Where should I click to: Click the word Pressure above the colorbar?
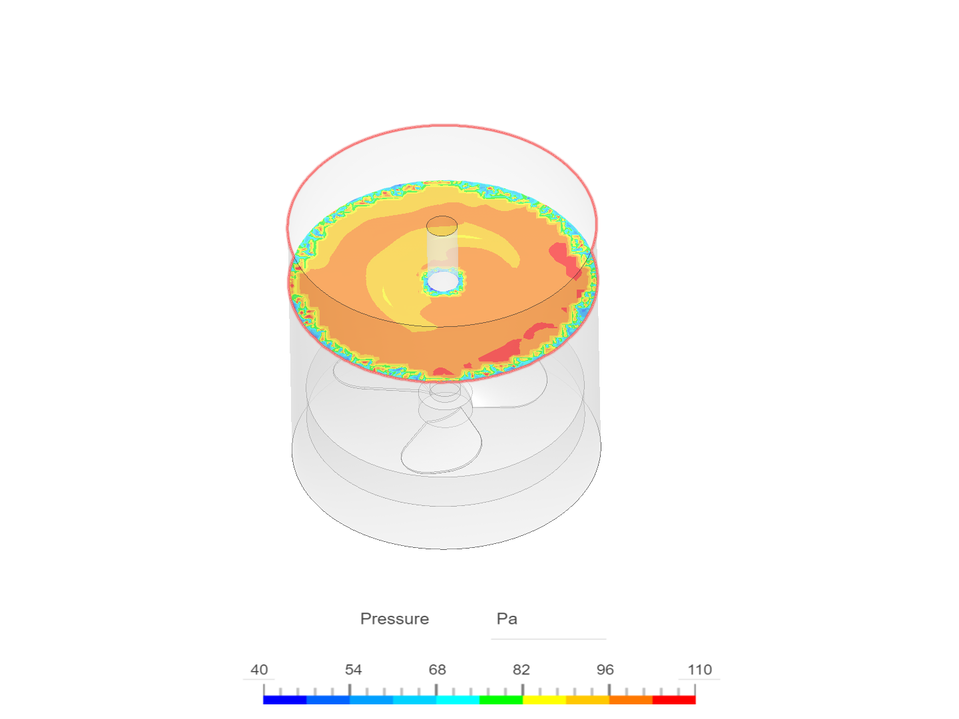click(394, 618)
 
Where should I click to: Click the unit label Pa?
click(506, 618)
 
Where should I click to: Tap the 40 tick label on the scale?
click(259, 670)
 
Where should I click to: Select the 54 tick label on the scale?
click(353, 670)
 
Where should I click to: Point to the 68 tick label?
click(437, 670)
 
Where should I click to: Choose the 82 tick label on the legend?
click(521, 670)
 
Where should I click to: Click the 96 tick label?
click(605, 670)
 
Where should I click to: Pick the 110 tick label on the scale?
click(699, 670)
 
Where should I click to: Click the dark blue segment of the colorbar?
click(284, 700)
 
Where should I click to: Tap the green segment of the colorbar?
click(501, 700)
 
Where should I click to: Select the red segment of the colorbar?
click(674, 700)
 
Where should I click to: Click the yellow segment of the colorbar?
click(544, 700)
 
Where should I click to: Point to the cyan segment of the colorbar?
click(458, 700)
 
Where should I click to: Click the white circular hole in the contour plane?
click(442, 282)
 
